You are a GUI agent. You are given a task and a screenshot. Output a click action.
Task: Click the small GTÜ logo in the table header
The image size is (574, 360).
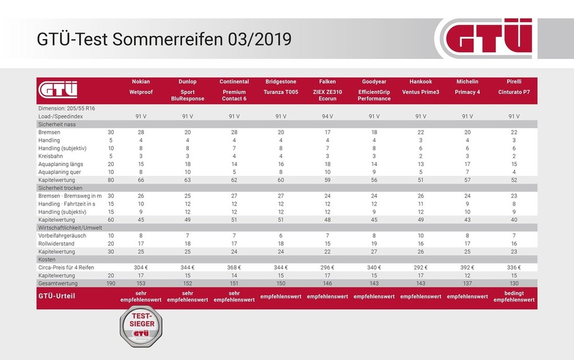coord(58,90)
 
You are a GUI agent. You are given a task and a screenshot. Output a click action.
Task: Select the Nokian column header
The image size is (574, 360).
coord(141,82)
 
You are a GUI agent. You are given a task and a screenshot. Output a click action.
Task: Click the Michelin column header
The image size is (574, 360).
coord(467,82)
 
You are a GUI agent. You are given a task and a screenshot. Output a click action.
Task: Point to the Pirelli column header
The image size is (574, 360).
coord(513,82)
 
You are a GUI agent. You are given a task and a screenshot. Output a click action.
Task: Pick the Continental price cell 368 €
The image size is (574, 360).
coord(234,267)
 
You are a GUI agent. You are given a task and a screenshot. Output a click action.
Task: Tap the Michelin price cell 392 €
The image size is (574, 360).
coord(467,267)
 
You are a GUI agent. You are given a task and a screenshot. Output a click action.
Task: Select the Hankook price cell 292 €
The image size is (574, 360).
coord(420,267)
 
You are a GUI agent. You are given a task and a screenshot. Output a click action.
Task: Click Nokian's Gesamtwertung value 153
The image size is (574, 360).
coord(141,283)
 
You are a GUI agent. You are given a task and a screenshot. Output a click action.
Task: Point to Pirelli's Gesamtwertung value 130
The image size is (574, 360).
coord(513,283)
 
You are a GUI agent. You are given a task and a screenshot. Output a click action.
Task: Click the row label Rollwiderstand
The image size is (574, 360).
coord(57,244)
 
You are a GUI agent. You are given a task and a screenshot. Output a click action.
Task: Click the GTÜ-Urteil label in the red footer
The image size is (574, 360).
coord(57,296)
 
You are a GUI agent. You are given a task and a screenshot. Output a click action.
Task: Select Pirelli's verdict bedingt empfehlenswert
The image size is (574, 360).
coord(513,296)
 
